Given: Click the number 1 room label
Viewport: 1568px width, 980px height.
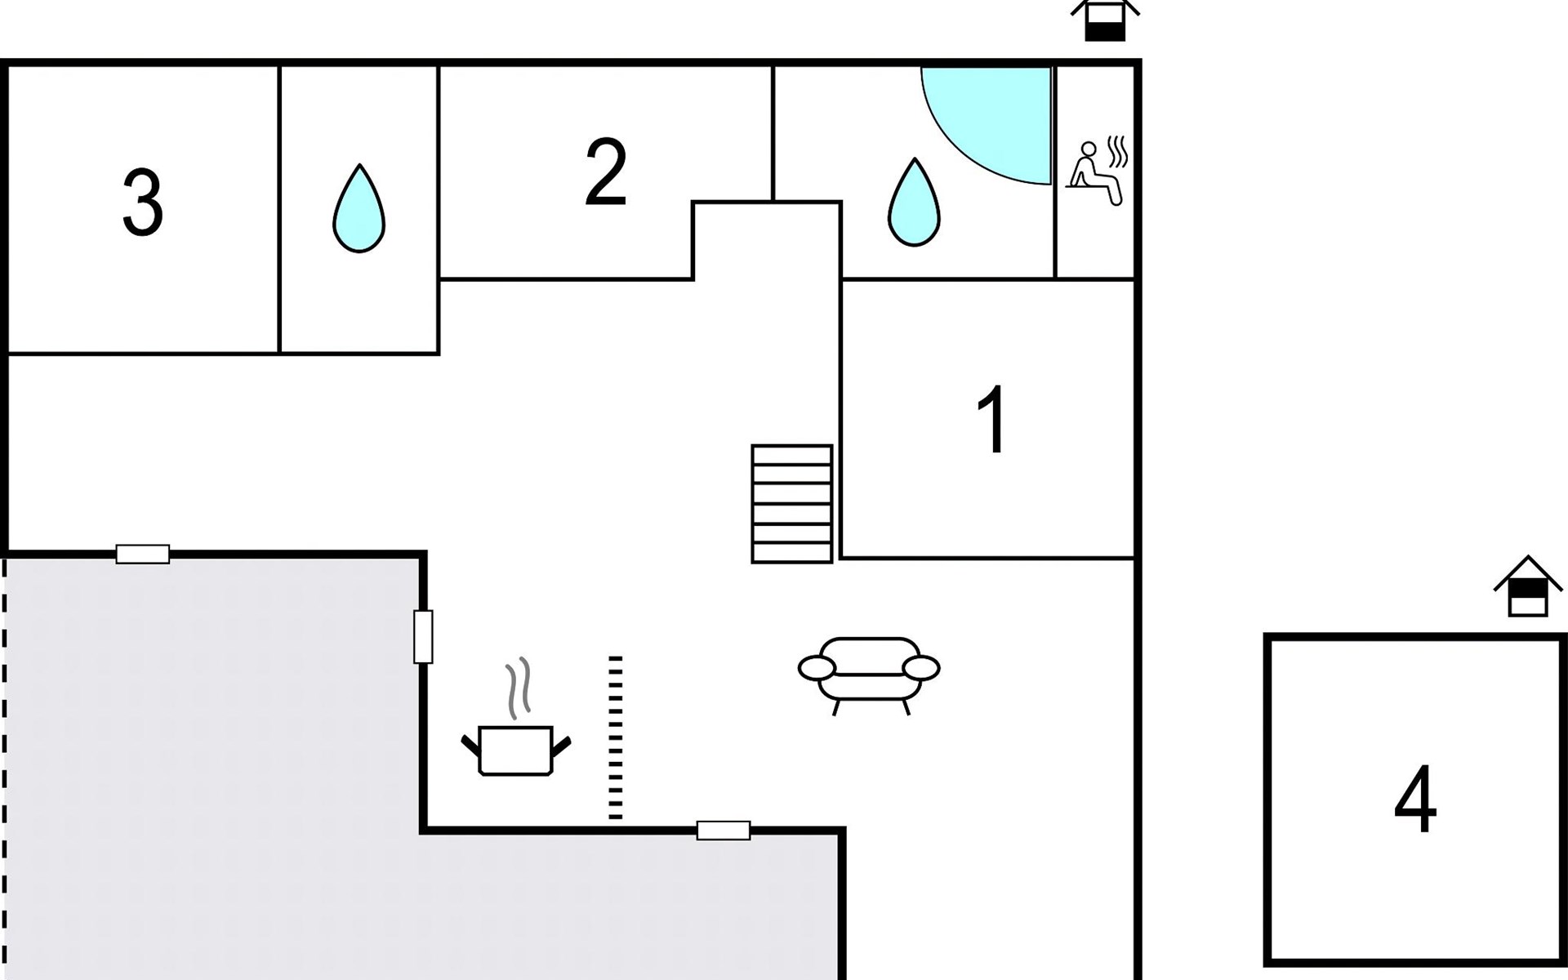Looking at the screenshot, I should pyautogui.click(x=992, y=420).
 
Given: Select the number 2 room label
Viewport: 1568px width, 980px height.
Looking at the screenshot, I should pyautogui.click(x=606, y=172).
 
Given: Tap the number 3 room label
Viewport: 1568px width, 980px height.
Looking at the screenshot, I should pyautogui.click(x=143, y=203).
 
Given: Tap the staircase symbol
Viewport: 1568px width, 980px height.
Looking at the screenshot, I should pyautogui.click(x=791, y=504).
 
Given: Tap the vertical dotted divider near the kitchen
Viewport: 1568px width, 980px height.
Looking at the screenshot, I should pyautogui.click(x=616, y=737).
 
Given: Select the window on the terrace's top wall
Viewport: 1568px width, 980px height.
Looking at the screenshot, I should pyautogui.click(x=143, y=555).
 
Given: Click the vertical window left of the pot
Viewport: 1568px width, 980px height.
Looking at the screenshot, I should pyautogui.click(x=423, y=637).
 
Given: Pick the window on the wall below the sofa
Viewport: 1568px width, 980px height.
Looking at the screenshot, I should pyautogui.click(x=723, y=831).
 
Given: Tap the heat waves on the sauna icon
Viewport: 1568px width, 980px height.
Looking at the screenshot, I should pyautogui.click(x=1118, y=152).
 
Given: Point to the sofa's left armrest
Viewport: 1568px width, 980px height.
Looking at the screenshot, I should pyautogui.click(x=817, y=668).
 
